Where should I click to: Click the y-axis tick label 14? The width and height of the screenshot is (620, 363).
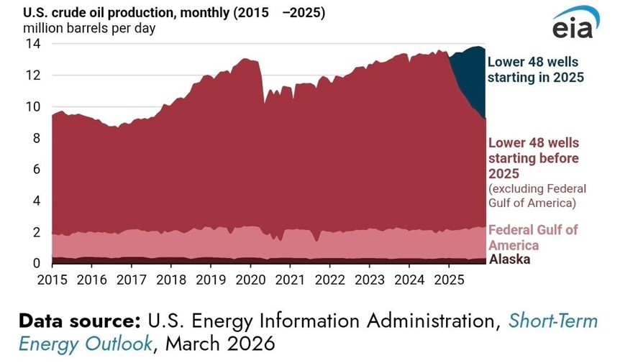point(34,44)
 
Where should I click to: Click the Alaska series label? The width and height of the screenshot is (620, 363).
point(509,259)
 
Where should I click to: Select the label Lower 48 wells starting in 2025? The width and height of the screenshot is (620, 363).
point(536,69)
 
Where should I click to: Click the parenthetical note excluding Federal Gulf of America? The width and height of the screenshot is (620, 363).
point(537,196)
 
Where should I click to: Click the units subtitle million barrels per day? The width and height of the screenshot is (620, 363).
point(89,29)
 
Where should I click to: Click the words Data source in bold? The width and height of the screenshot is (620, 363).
point(80,321)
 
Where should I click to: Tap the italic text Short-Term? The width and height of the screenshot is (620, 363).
point(552,321)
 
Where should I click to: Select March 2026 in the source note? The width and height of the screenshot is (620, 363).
point(220,344)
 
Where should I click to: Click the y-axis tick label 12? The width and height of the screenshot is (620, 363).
point(34,75)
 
